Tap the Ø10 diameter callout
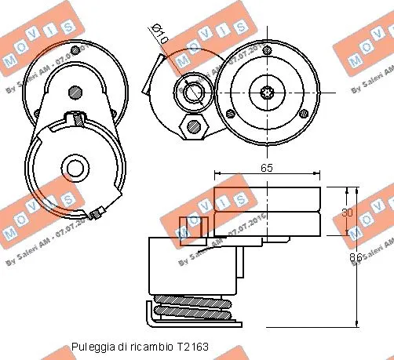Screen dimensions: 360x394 159,35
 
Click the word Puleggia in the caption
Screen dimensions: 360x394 89,346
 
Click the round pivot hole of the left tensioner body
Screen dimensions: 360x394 75,168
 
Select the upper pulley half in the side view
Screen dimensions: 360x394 267,199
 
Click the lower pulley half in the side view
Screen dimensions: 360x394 267,224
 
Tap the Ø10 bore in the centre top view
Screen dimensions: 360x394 192,92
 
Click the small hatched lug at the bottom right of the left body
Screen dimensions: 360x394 97,213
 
